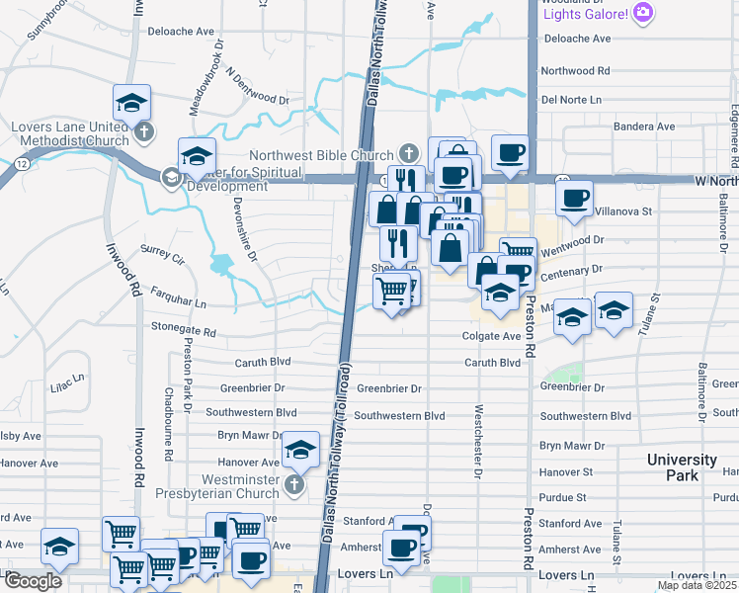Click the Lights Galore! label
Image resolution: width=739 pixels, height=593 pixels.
click(585, 13)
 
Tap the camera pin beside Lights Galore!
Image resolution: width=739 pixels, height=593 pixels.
click(643, 13)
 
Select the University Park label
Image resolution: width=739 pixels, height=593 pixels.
click(682, 467)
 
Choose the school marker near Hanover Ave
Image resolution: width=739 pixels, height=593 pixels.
click(299, 450)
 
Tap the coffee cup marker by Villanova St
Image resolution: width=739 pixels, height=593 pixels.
click(573, 199)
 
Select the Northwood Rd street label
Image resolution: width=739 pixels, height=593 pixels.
click(575, 71)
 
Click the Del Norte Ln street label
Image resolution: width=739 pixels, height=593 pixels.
click(570, 100)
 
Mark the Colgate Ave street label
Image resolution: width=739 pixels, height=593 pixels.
click(491, 336)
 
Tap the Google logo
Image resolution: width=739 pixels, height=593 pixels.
click(34, 581)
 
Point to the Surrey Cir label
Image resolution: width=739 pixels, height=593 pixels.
click(162, 255)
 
